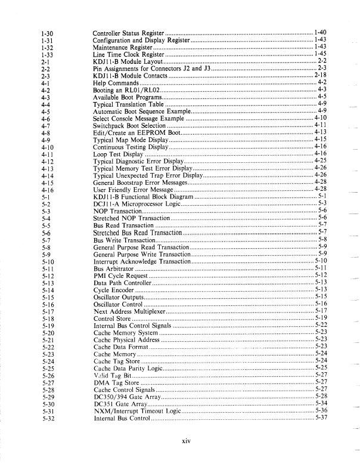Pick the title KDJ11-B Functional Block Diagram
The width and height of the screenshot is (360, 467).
(144, 197)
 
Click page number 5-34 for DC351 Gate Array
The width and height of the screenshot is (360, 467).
(321, 405)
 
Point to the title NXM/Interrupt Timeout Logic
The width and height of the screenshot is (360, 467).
(136, 412)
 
